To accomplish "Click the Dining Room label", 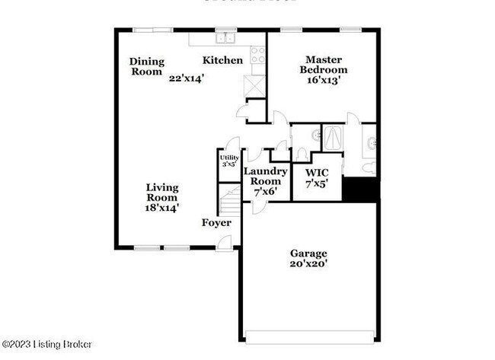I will (145, 67).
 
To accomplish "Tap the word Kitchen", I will (222, 60).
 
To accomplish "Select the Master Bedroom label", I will (324, 64).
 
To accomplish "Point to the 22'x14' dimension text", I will (187, 77).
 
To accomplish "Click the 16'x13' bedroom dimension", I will (324, 78).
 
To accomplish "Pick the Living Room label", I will (162, 192).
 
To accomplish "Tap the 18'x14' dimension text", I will (162, 207).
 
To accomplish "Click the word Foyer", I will (216, 223).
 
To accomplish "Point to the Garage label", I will (308, 253).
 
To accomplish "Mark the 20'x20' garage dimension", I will (308, 266).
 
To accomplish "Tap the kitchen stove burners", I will (257, 54).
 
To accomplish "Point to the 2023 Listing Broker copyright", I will (46, 345).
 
